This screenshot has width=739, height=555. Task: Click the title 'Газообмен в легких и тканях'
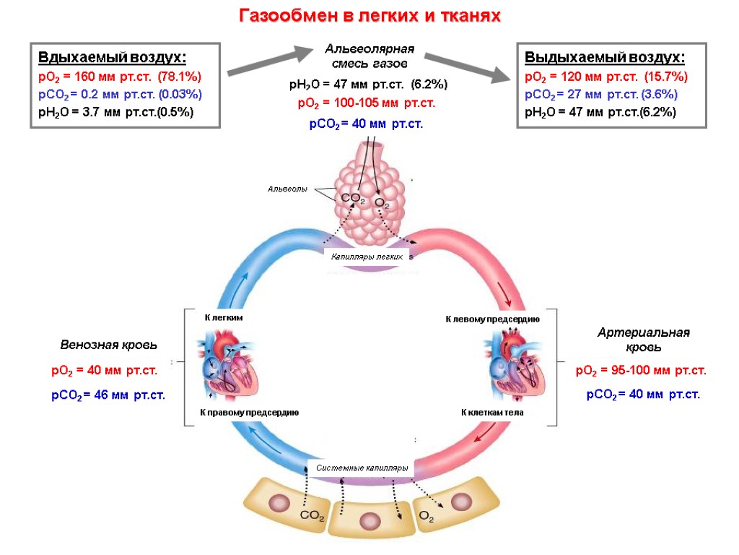click(369, 15)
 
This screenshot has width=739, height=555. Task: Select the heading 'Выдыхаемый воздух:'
click(604, 58)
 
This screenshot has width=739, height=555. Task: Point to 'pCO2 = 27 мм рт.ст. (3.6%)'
click(601, 94)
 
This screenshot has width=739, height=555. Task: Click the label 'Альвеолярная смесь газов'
click(369, 56)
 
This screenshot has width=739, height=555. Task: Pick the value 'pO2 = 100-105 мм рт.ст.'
click(367, 104)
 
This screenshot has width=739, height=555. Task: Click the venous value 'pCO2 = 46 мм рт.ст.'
click(108, 395)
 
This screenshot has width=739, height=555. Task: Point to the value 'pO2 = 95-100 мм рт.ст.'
click(641, 371)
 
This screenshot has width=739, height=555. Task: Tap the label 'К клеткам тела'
click(492, 412)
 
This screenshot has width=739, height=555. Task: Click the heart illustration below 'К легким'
click(227, 361)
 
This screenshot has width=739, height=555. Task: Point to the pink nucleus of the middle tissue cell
click(369, 520)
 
